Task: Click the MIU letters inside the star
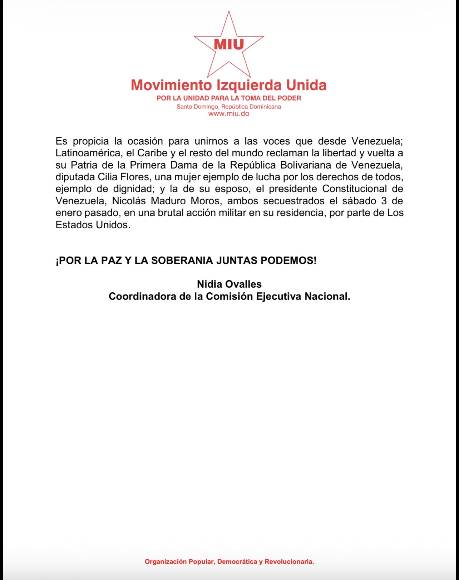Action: click(x=229, y=44)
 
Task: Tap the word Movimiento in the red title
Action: click(x=171, y=85)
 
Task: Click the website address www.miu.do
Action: click(x=229, y=114)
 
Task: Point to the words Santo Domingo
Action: click(x=197, y=107)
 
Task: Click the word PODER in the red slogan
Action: click(x=290, y=98)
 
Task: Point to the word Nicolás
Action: click(x=129, y=201)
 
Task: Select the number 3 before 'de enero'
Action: click(x=384, y=201)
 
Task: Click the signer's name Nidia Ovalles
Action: click(x=229, y=284)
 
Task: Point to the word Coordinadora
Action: click(x=142, y=296)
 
